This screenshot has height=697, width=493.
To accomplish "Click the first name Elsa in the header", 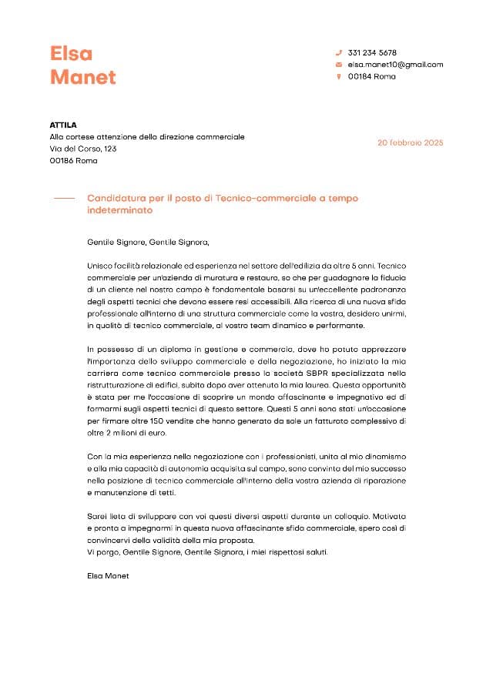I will (x=71, y=53).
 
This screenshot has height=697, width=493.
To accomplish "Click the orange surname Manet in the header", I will (x=83, y=77).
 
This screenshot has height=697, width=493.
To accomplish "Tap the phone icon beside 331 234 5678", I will (x=338, y=52).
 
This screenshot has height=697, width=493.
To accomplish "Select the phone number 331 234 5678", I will (x=372, y=52).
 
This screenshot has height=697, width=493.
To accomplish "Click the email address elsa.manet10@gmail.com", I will (x=395, y=65).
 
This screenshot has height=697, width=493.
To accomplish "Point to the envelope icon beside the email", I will (x=338, y=65).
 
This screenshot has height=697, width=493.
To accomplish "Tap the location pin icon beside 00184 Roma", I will (x=338, y=77).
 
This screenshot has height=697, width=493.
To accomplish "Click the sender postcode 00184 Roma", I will (x=371, y=77).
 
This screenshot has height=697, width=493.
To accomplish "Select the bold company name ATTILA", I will (x=63, y=125).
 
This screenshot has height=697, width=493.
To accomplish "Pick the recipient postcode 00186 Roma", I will (x=73, y=161).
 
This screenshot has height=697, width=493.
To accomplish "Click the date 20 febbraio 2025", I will (x=410, y=142).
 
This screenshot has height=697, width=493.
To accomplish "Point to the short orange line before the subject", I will (x=64, y=199).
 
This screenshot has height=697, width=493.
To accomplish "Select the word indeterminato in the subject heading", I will (x=120, y=210).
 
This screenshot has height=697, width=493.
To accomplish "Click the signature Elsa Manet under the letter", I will (x=109, y=575).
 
